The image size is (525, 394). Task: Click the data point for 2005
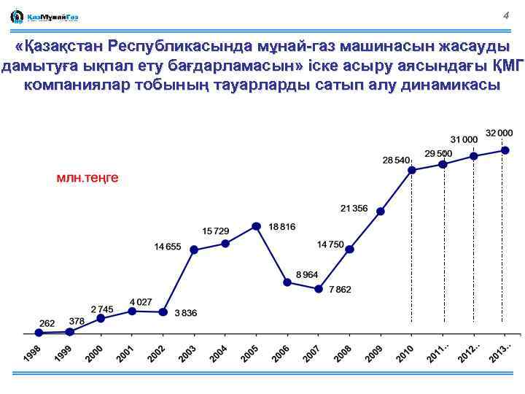pos(256,226)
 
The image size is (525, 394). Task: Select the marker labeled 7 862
pos(319,289)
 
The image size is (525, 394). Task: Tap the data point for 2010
pos(412,170)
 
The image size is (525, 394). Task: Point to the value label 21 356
pos(354,209)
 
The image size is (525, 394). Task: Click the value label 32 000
pos(499,133)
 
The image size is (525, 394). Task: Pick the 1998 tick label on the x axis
pos(32,352)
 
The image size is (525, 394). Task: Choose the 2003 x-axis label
pos(187,353)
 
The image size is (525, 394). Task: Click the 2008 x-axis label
pos(343,353)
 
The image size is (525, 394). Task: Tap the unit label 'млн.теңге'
pos(87,177)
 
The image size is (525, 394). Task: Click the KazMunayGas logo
pos(44,16)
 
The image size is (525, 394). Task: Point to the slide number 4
pos(505,15)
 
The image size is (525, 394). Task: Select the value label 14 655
pos(167,247)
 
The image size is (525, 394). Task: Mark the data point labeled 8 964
pos(287,282)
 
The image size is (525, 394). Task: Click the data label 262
pos(47,322)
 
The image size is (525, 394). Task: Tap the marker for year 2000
pos(101,318)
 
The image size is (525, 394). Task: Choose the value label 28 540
pos(396,160)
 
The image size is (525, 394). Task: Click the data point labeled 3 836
pos(163,312)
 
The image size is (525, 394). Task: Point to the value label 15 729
pos(216,231)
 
